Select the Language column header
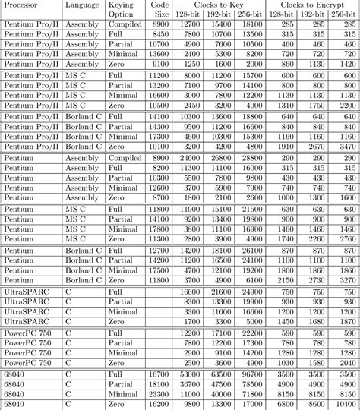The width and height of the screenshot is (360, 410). (82, 5)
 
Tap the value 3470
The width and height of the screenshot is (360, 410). (346, 145)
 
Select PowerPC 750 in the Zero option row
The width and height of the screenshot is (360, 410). (28, 363)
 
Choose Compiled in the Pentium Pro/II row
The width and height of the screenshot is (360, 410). (124, 25)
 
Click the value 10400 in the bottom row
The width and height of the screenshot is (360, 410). (346, 404)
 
